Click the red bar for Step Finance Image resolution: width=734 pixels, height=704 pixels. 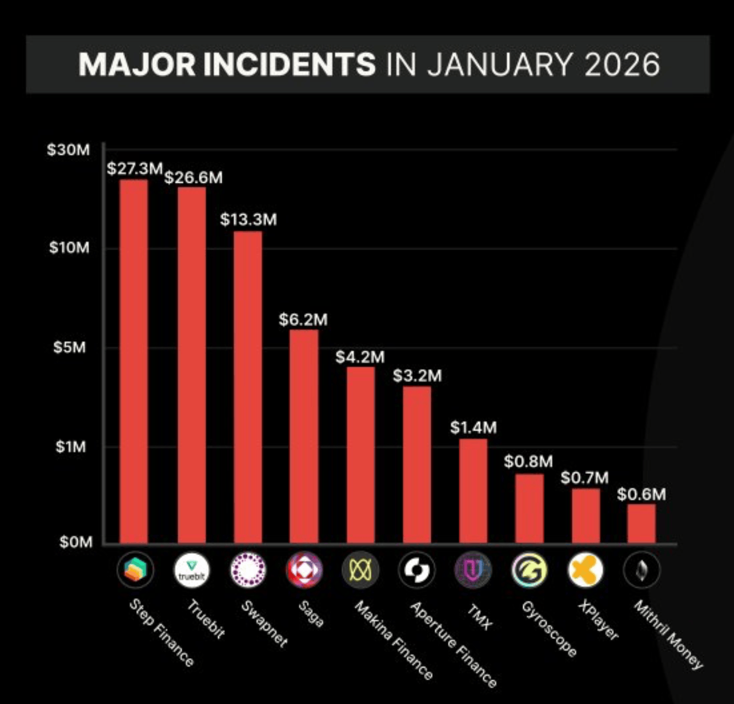tap(133, 361)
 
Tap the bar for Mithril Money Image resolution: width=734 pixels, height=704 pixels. tap(641, 523)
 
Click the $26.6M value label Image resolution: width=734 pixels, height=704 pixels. tap(193, 178)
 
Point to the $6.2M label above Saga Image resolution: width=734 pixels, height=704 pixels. tap(303, 320)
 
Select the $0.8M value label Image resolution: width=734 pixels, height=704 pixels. tap(528, 461)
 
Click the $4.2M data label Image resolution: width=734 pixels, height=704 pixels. tap(360, 357)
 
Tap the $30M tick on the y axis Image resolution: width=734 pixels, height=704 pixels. tap(68, 150)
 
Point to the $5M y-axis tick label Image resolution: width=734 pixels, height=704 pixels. tap(70, 347)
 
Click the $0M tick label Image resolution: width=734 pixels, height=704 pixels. tap(75, 542)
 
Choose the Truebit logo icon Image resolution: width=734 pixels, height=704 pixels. tap(191, 570)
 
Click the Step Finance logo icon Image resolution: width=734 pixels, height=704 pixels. tap(135, 570)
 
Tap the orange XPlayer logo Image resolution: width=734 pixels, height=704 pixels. tap(585, 570)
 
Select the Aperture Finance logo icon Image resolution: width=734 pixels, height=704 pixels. tap(417, 570)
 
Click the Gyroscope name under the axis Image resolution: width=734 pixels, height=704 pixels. tap(549, 629)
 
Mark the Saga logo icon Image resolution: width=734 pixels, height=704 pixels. tap(304, 570)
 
